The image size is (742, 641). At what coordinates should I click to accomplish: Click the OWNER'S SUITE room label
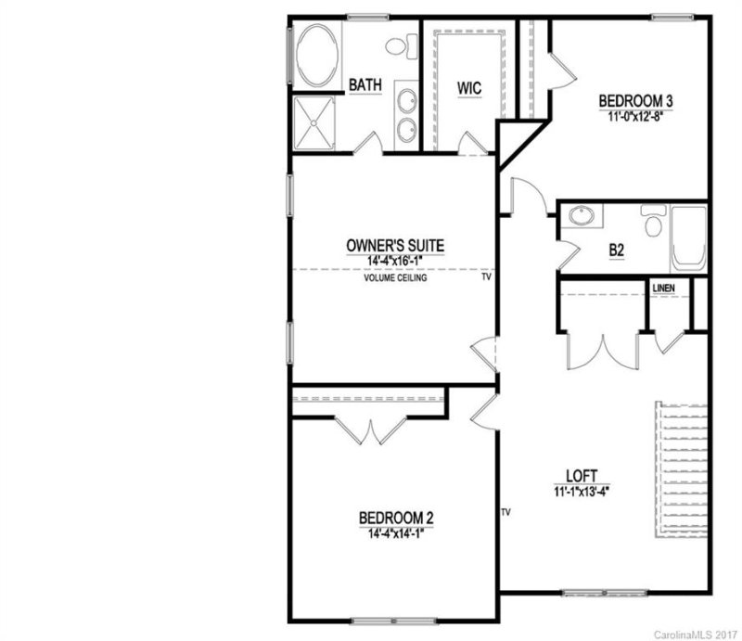coord(395,246)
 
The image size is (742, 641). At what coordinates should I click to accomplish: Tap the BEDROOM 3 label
coord(634,101)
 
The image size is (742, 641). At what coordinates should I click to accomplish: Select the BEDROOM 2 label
coord(396,519)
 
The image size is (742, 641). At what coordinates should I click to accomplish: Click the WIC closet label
coord(469,87)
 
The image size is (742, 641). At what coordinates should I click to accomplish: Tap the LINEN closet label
coord(663,289)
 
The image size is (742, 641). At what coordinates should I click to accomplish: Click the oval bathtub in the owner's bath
coord(317,56)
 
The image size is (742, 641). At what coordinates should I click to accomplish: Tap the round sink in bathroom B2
coord(582,216)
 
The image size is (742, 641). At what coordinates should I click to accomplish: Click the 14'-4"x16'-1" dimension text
coord(395,263)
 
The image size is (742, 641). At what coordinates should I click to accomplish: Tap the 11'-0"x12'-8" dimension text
coord(634,118)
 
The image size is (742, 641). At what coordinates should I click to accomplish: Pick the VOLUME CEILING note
coord(395,277)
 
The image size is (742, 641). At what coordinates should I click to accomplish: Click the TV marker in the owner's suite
coord(486,276)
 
